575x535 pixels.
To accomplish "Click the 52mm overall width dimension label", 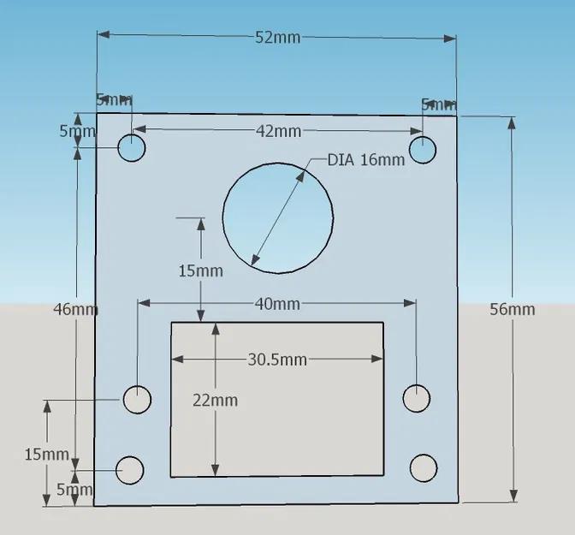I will pos(277,37).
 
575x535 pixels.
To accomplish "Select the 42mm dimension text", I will pos(278,131).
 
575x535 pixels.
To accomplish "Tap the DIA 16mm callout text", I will pos(365,159).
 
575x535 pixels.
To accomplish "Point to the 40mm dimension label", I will pos(277,304).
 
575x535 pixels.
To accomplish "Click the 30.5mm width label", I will pos(277,360).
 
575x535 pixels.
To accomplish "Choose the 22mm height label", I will pos(215,400).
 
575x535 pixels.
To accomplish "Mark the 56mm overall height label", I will pos(512,309).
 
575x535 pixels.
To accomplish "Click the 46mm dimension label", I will pos(75,309).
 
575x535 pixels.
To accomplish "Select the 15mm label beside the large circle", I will pos(200,270).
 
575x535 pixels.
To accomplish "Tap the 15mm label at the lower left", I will pos(46,454).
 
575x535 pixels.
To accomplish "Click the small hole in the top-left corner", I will pos(132,148).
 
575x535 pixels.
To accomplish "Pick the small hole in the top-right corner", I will pos(423,149).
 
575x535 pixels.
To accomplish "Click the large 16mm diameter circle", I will pos(277,218).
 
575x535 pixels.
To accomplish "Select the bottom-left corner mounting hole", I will pos(130,470).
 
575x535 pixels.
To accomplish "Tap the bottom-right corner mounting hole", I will pos(424,469).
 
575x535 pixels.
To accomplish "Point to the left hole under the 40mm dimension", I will pos(137,399).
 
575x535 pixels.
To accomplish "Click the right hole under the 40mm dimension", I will pos(416,398).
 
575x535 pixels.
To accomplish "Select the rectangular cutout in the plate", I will pos(276,399).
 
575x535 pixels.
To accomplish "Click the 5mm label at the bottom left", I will pos(74,490).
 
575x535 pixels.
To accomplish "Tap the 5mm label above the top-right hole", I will pos(438,104).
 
